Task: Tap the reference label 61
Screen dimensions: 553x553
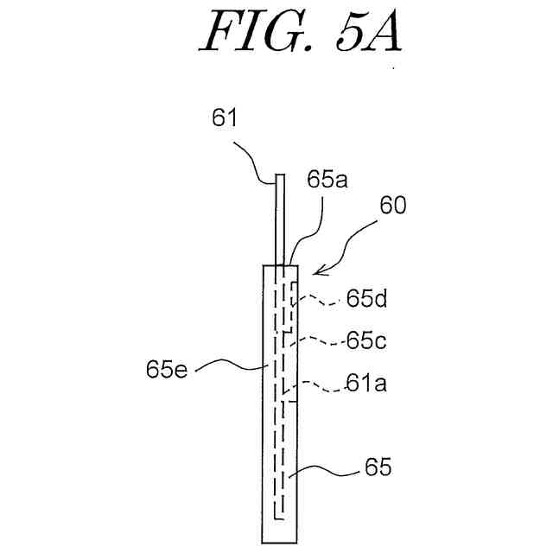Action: coord(225,119)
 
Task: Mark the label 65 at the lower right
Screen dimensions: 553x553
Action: coord(378,468)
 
